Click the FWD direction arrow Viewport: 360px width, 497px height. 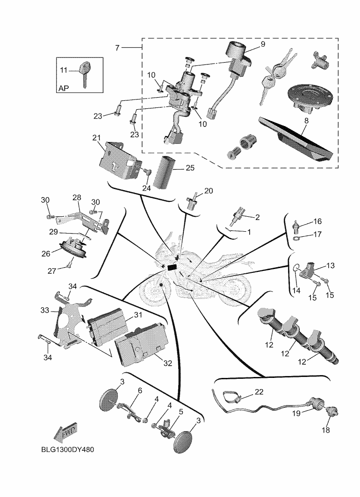click(65, 433)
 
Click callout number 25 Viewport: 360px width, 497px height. click(190, 167)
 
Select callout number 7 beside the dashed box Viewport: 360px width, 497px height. click(117, 48)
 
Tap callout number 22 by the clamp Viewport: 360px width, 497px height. click(259, 391)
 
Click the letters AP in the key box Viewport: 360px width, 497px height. click(65, 88)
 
